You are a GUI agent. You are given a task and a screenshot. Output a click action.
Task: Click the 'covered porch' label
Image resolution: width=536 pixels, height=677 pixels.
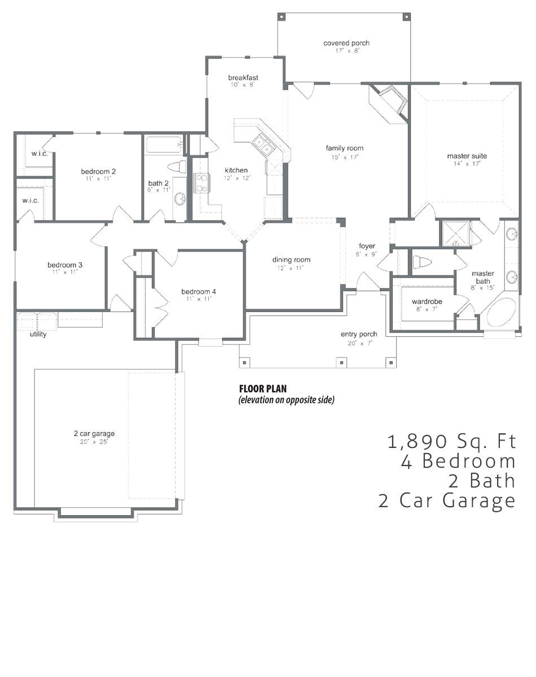coord(346,43)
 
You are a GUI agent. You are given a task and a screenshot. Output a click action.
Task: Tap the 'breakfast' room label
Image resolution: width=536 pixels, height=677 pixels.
coord(243,77)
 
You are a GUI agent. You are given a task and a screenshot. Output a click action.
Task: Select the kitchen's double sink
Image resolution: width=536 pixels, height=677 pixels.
coord(263,144)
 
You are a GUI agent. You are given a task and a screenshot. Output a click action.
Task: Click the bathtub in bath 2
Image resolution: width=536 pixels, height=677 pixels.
coord(164,145)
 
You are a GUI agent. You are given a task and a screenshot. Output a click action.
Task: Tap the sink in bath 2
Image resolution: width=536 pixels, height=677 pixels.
coord(180,199)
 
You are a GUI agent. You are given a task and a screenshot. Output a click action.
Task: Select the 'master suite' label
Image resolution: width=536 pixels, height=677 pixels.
coord(467,156)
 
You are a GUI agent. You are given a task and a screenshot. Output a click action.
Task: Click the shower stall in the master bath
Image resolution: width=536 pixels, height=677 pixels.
coord(456,234)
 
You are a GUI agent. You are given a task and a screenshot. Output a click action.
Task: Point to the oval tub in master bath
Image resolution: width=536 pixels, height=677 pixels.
coord(501,313)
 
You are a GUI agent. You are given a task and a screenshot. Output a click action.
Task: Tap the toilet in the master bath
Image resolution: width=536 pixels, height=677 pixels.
coord(421,261)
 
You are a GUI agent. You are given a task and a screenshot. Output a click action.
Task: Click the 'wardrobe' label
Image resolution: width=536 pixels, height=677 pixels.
coord(427,301)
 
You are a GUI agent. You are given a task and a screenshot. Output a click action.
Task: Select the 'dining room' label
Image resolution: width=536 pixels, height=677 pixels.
coord(291,260)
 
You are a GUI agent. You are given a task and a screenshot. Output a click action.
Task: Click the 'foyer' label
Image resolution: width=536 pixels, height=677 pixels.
coord(367,246)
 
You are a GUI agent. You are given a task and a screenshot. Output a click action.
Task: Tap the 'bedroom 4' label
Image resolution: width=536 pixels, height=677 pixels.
coord(199,292)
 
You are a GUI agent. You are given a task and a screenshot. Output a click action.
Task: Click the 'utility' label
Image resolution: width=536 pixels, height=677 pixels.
coord(38,334)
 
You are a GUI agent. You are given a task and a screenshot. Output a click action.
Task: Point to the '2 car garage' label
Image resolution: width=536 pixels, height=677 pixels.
coord(94,433)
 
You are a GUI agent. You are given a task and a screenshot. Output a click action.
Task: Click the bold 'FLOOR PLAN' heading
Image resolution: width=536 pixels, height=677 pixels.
coord(263,389)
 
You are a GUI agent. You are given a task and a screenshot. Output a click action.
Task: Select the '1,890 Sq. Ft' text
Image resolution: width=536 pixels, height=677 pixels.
coord(451,441)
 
